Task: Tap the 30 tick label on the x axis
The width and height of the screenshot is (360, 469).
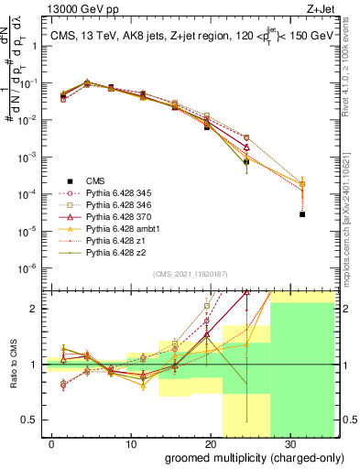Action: (x=289, y=442)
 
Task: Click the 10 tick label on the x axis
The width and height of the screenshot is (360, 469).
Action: (x=130, y=442)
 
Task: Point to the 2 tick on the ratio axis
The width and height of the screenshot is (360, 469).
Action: (x=38, y=309)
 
